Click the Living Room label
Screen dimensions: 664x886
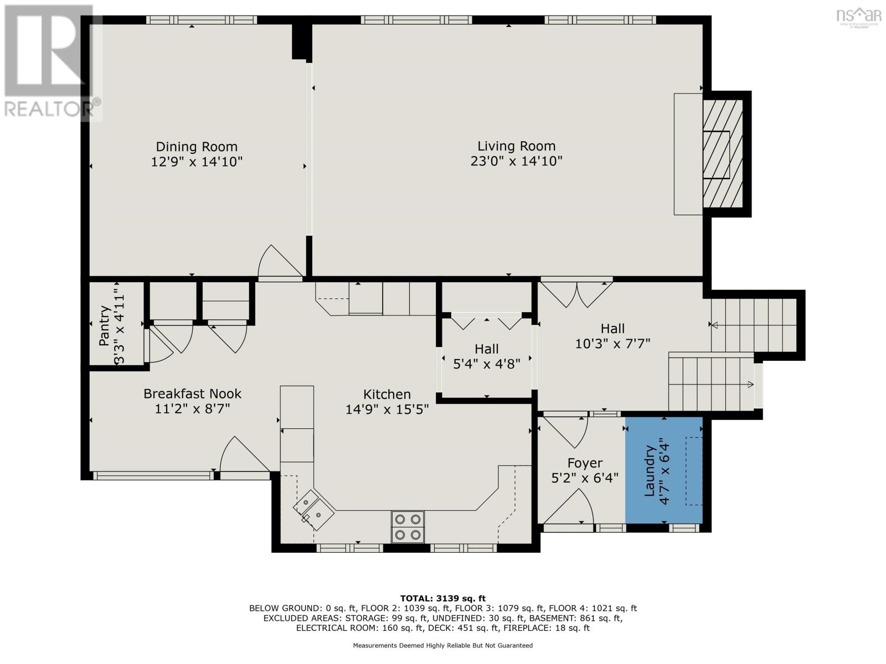tap(516, 146)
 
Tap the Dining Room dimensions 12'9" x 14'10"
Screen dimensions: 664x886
tap(197, 162)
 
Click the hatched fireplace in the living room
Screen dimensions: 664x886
tap(723, 154)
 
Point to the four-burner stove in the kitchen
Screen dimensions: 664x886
tap(408, 527)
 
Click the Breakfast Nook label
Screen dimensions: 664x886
tap(192, 394)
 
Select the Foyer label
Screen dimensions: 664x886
tap(585, 463)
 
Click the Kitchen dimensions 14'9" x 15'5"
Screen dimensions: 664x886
tap(387, 410)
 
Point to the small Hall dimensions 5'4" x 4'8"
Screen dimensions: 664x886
tap(486, 365)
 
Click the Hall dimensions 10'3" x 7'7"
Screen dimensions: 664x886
tap(612, 344)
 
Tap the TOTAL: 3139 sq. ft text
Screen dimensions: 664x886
tap(442, 598)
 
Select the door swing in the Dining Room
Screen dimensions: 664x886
tap(280, 262)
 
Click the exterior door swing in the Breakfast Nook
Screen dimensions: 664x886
tap(244, 456)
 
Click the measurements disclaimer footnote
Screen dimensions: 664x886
tap(442, 646)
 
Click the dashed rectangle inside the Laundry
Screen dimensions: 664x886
tap(694, 471)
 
